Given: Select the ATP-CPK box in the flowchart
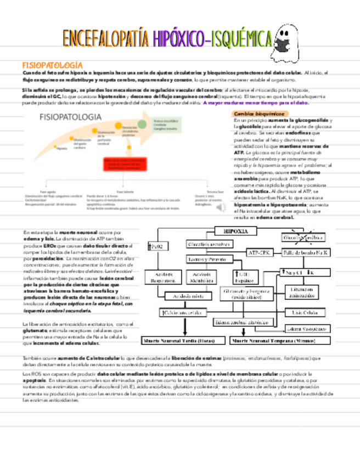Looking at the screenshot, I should [x=258, y=253].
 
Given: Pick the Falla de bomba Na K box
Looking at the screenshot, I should [x=306, y=253].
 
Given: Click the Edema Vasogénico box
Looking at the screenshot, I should [x=307, y=329].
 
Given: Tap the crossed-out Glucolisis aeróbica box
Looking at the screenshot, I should [x=302, y=237].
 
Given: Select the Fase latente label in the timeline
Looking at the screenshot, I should [x=125, y=192].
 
